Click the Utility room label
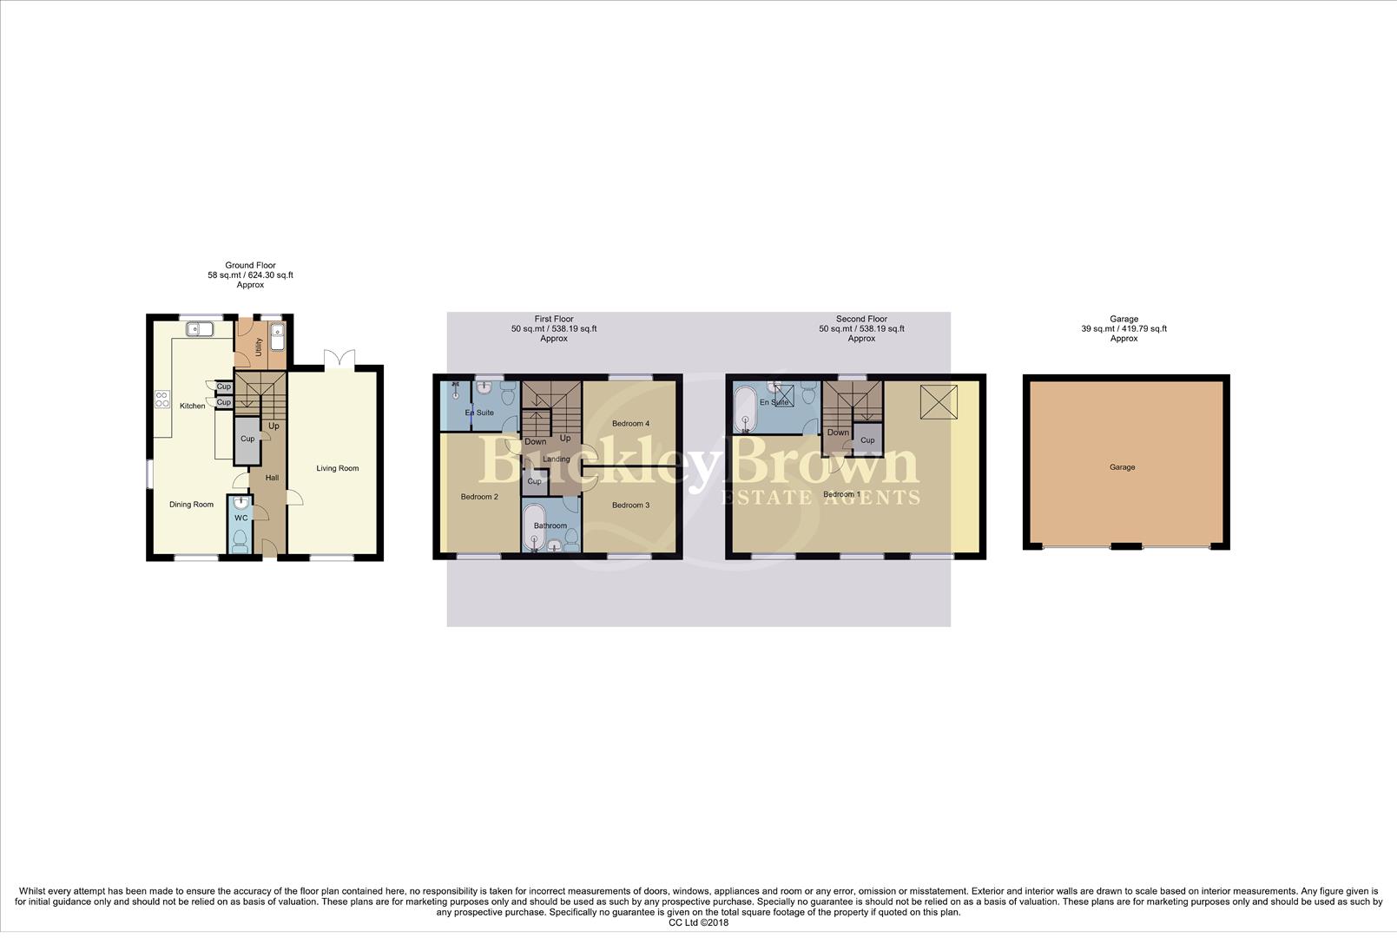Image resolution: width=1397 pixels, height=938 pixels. pyautogui.click(x=259, y=347)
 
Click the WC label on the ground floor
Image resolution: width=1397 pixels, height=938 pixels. pyautogui.click(x=241, y=518)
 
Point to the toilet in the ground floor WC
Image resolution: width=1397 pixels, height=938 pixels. pyautogui.click(x=241, y=542)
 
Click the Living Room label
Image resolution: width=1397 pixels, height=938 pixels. pyautogui.click(x=337, y=469)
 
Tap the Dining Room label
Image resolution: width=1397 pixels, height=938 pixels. pyautogui.click(x=191, y=505)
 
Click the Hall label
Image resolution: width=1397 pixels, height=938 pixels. pyautogui.click(x=272, y=478)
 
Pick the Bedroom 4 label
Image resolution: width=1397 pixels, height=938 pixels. pyautogui.click(x=630, y=424)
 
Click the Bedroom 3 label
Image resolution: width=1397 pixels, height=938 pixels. pyautogui.click(x=630, y=505)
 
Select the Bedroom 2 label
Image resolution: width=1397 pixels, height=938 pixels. pyautogui.click(x=479, y=497)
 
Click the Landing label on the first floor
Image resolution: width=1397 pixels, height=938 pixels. pyautogui.click(x=557, y=459)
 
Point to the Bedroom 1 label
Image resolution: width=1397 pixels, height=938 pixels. pyautogui.click(x=841, y=495)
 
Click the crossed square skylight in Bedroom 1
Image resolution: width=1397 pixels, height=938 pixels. pyautogui.click(x=939, y=402)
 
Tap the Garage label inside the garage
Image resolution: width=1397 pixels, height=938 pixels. pyautogui.click(x=1122, y=467)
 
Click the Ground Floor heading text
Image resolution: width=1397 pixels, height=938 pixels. pyautogui.click(x=250, y=266)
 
